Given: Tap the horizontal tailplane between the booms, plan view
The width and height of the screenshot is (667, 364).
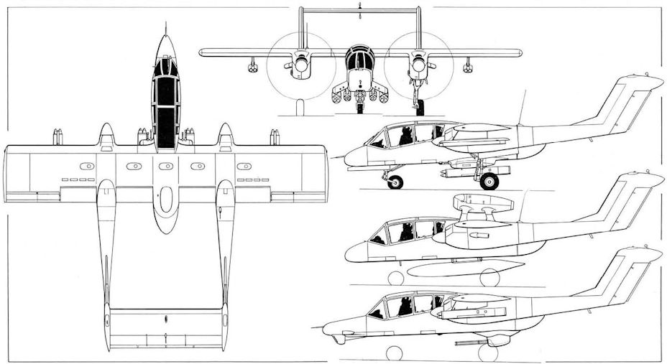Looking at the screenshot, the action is [166, 323].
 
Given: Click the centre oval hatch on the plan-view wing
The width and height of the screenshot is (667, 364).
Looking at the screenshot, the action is [165, 167].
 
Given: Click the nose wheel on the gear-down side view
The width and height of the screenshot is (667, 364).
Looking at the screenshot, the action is [395, 182].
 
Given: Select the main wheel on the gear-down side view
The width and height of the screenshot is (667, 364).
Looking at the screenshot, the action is [489, 180].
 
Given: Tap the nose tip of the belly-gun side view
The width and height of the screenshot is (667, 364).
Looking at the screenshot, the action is [326, 331].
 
